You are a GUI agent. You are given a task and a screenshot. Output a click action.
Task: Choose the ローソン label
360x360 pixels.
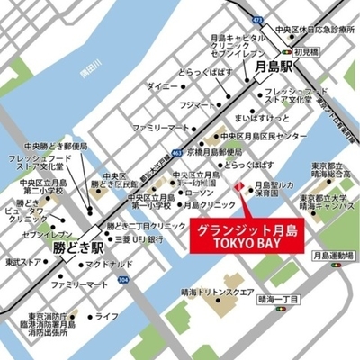tap(199, 193)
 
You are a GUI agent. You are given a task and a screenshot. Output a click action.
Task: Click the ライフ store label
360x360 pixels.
tap(106, 316)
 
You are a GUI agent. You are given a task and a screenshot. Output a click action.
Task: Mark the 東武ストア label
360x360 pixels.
tap(21, 262)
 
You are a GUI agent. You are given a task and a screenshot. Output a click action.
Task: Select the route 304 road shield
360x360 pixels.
tap(123, 281)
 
